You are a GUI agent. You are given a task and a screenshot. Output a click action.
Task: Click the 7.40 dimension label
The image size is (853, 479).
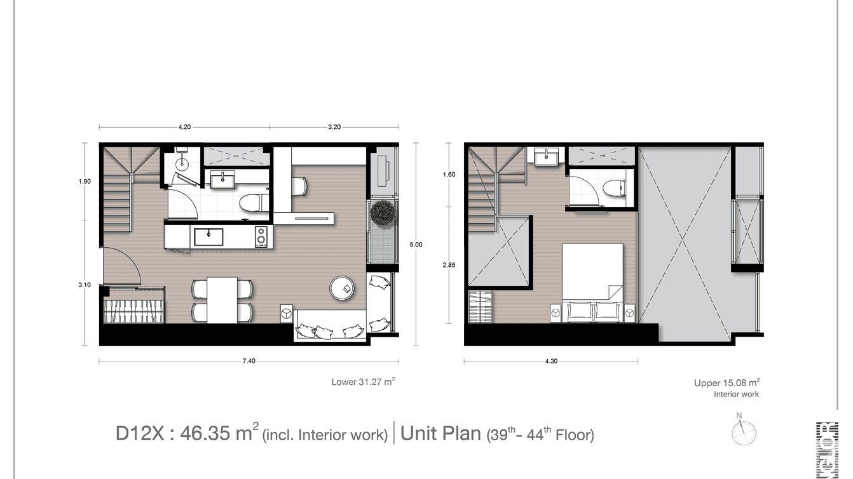pos(249,361)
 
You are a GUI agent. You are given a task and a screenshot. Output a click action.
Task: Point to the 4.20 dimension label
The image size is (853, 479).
pos(184,127)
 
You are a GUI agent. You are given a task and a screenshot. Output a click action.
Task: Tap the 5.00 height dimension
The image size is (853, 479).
pos(416,244)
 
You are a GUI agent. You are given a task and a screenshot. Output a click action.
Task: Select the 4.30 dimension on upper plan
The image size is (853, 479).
pos(551,361)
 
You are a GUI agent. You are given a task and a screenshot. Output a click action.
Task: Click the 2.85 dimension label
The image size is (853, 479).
pos(449,265)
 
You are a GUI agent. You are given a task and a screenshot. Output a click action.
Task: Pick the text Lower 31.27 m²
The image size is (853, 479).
pos(363,382)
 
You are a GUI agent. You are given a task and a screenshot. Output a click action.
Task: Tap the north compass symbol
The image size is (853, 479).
pos(743,433)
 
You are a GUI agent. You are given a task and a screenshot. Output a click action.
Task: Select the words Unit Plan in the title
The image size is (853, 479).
pos(440,434)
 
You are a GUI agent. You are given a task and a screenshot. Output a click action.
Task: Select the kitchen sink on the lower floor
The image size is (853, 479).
pos(208,237)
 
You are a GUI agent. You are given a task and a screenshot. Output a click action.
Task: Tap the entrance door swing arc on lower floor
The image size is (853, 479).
pos(124,266)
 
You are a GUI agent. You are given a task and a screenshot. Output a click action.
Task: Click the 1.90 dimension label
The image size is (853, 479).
pos(85,181)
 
